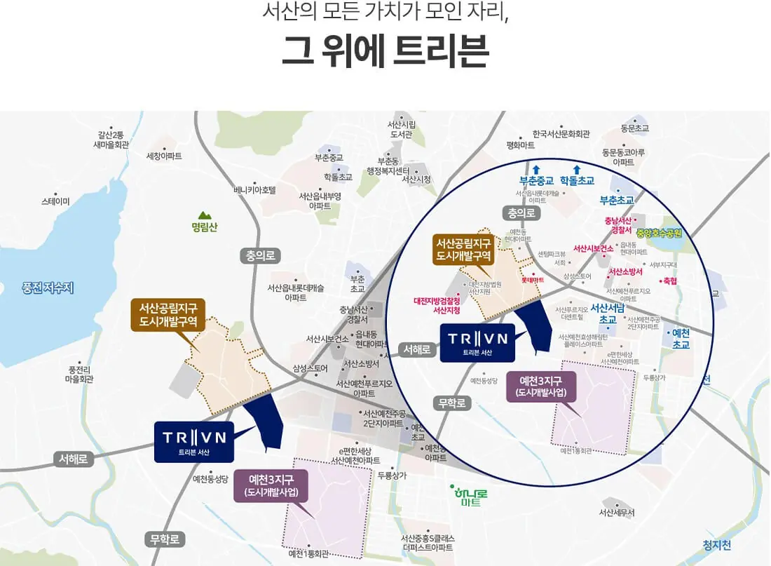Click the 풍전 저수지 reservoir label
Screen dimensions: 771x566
(48, 287)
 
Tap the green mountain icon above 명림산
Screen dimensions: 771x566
(204, 215)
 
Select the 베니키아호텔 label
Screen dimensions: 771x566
(256, 189)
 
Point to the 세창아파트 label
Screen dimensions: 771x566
(164, 156)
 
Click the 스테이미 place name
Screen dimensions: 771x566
(55, 201)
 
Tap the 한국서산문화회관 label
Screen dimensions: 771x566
(561, 134)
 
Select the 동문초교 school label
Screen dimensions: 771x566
(634, 128)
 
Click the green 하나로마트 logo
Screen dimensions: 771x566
(470, 497)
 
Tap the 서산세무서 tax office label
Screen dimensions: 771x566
(617, 513)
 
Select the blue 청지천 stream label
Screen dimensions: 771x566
(716, 545)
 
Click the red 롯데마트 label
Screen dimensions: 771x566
(533, 278)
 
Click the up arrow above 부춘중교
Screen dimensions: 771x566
(536, 168)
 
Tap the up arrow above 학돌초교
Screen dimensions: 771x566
(577, 168)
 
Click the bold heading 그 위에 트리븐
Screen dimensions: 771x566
(385, 53)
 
